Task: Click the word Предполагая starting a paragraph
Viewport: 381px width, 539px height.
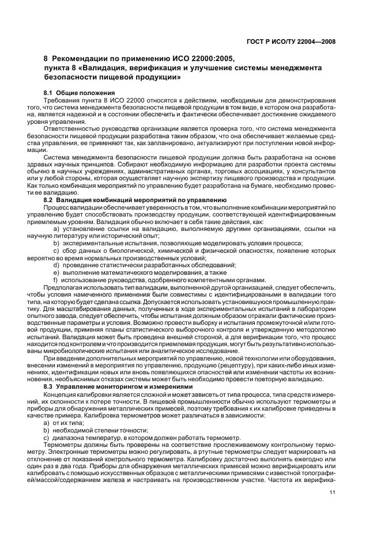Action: [65, 286]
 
